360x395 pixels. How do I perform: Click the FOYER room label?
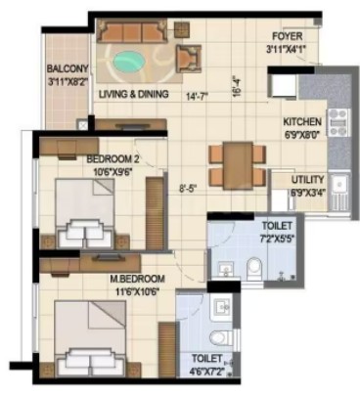click(288, 36)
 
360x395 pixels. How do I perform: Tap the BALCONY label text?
click(67, 68)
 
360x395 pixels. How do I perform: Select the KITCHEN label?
click(302, 122)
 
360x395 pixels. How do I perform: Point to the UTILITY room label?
click(308, 180)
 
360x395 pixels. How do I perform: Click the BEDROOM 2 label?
click(112, 159)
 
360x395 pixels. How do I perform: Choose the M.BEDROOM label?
click(137, 279)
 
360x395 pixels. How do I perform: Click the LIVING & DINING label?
click(134, 94)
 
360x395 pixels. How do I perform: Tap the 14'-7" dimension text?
click(197, 97)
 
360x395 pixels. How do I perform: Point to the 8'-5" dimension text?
click(189, 189)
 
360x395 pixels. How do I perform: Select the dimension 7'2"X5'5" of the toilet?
click(278, 238)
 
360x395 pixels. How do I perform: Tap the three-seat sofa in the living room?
click(132, 31)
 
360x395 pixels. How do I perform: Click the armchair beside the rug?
click(189, 58)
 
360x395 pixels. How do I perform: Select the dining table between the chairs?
click(239, 165)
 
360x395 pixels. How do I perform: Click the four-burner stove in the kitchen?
click(337, 122)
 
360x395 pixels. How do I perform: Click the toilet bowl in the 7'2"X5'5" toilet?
click(254, 268)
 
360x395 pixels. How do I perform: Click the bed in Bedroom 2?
click(85, 213)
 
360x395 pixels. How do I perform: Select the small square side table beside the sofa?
click(182, 29)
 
